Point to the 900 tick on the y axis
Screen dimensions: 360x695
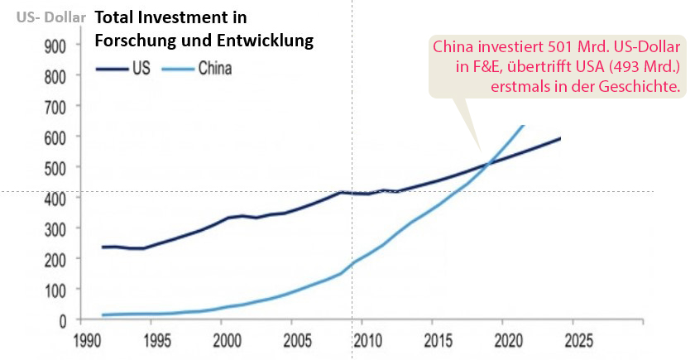(x=56, y=46)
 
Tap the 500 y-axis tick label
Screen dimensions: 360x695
(x=56, y=167)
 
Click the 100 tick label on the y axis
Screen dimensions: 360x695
(x=56, y=290)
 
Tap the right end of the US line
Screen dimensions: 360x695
(x=560, y=138)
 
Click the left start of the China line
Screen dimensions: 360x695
(x=103, y=314)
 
